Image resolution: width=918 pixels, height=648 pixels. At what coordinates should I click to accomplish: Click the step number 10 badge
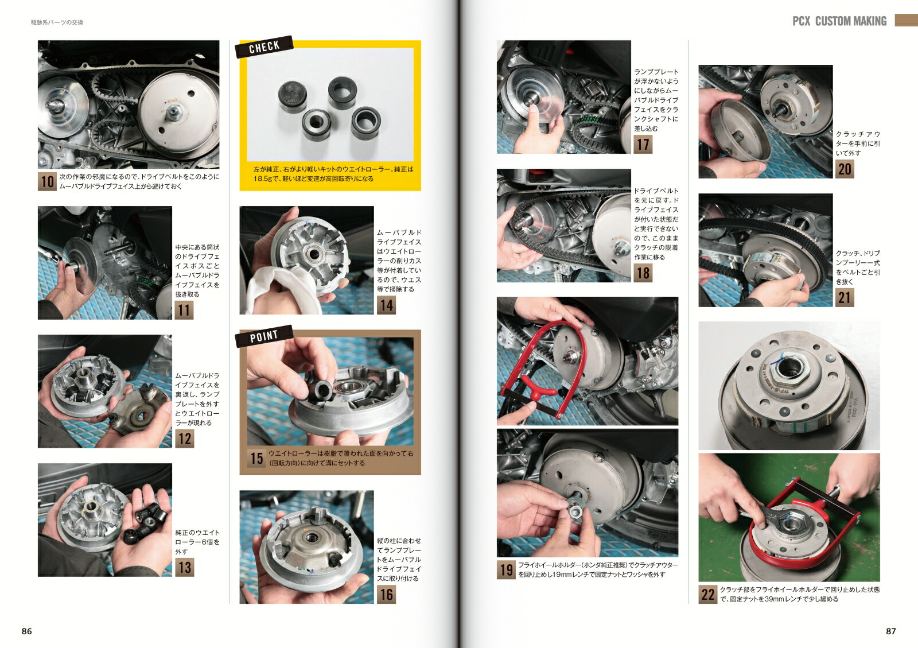pyautogui.click(x=47, y=181)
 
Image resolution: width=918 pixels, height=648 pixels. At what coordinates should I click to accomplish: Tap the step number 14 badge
pyautogui.click(x=386, y=305)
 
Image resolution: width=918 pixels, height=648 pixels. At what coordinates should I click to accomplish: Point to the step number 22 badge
pyautogui.click(x=708, y=594)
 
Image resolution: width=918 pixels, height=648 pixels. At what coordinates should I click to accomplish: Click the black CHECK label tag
pyautogui.click(x=264, y=47)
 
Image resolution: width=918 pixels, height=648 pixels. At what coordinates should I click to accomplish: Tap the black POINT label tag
pyautogui.click(x=263, y=336)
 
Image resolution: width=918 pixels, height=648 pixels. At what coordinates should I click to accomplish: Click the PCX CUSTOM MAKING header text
pyautogui.click(x=839, y=21)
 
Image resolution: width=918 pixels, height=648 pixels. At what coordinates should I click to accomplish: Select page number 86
pyautogui.click(x=27, y=631)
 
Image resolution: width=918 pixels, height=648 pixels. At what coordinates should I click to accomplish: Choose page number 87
pyautogui.click(x=890, y=631)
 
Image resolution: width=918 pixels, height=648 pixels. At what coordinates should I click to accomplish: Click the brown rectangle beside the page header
pyautogui.click(x=906, y=21)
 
